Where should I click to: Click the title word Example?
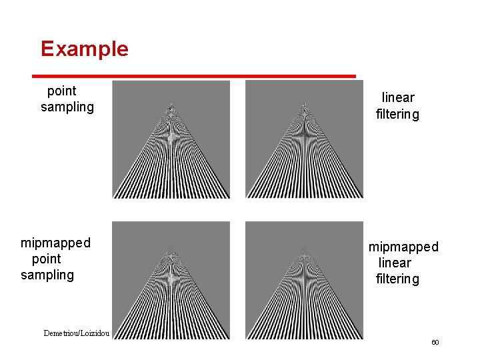(x=84, y=49)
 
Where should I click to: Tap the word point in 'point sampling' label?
(x=61, y=91)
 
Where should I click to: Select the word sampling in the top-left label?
(x=67, y=107)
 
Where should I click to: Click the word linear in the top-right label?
(x=398, y=98)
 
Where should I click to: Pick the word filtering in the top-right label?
(x=397, y=114)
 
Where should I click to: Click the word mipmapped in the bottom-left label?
(x=55, y=243)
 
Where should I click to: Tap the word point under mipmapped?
(x=46, y=259)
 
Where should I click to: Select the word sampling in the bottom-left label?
(x=47, y=275)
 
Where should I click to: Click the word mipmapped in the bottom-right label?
(x=403, y=247)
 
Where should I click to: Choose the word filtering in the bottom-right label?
(x=397, y=279)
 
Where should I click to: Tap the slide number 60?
(x=435, y=342)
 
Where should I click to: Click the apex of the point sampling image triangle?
(x=171, y=105)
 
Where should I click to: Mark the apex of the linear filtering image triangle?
(x=304, y=105)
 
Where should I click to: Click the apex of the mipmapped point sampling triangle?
(x=171, y=247)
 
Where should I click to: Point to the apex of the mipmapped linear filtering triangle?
(x=304, y=247)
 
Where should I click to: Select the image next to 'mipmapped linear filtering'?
(x=304, y=280)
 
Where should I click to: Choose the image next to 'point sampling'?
(x=171, y=139)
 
